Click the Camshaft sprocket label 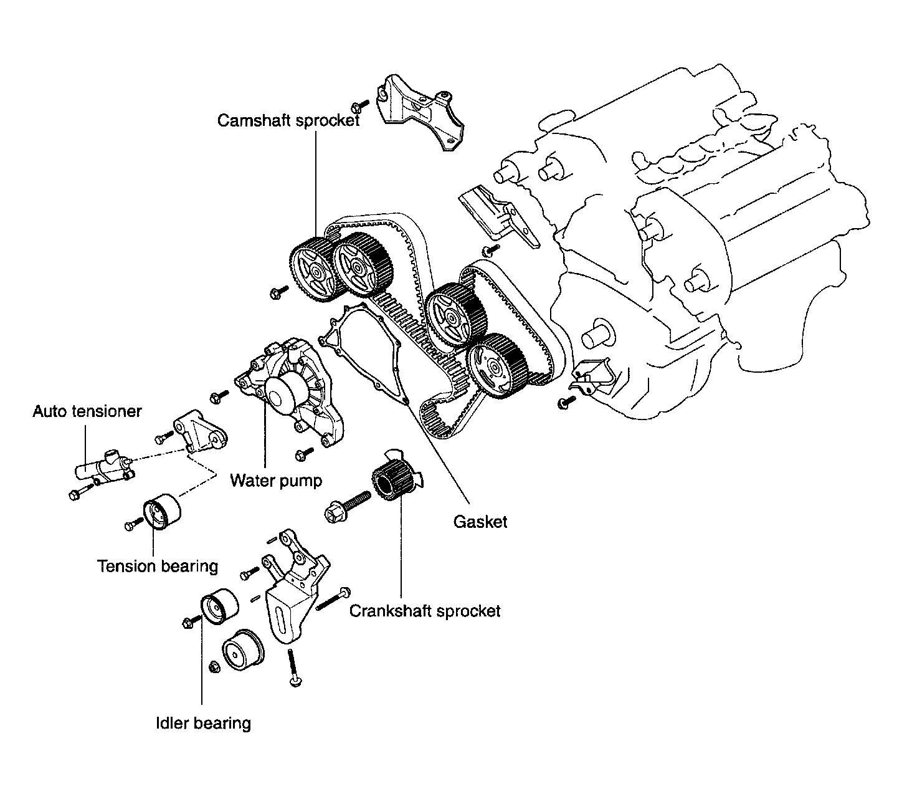288,120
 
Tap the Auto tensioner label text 87,411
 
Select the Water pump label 276,481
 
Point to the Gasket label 480,522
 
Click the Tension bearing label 158,566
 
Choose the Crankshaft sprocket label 424,610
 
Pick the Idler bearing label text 203,723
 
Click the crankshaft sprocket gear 391,482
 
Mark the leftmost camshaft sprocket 314,271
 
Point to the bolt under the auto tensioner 78,495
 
